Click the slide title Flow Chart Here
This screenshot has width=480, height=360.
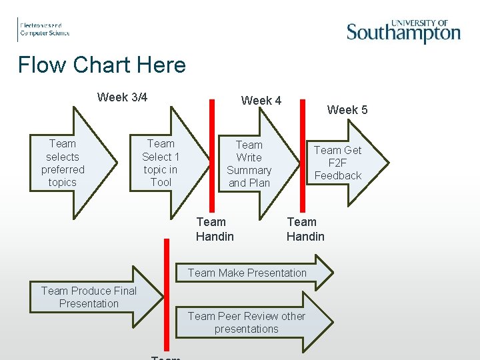pyautogui.click(x=102, y=65)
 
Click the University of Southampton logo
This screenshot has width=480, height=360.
pyautogui.click(x=403, y=31)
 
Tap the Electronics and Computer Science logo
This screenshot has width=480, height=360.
pyautogui.click(x=44, y=29)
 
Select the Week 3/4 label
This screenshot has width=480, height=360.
pyautogui.click(x=122, y=97)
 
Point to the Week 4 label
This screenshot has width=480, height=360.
pyautogui.click(x=261, y=101)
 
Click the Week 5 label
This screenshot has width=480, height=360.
pyautogui.click(x=347, y=110)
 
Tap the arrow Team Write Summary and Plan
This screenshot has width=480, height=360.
pyautogui.click(x=249, y=164)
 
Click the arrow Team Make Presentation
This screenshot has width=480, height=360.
pyautogui.click(x=253, y=273)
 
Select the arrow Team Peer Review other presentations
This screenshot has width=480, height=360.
pyautogui.click(x=253, y=323)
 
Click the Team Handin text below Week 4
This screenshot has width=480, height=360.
pyautogui.click(x=215, y=229)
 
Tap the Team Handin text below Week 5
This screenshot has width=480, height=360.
pyautogui.click(x=305, y=229)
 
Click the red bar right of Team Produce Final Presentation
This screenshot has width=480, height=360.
pyautogui.click(x=167, y=293)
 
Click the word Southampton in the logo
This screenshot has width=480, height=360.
pyautogui.click(x=403, y=34)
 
